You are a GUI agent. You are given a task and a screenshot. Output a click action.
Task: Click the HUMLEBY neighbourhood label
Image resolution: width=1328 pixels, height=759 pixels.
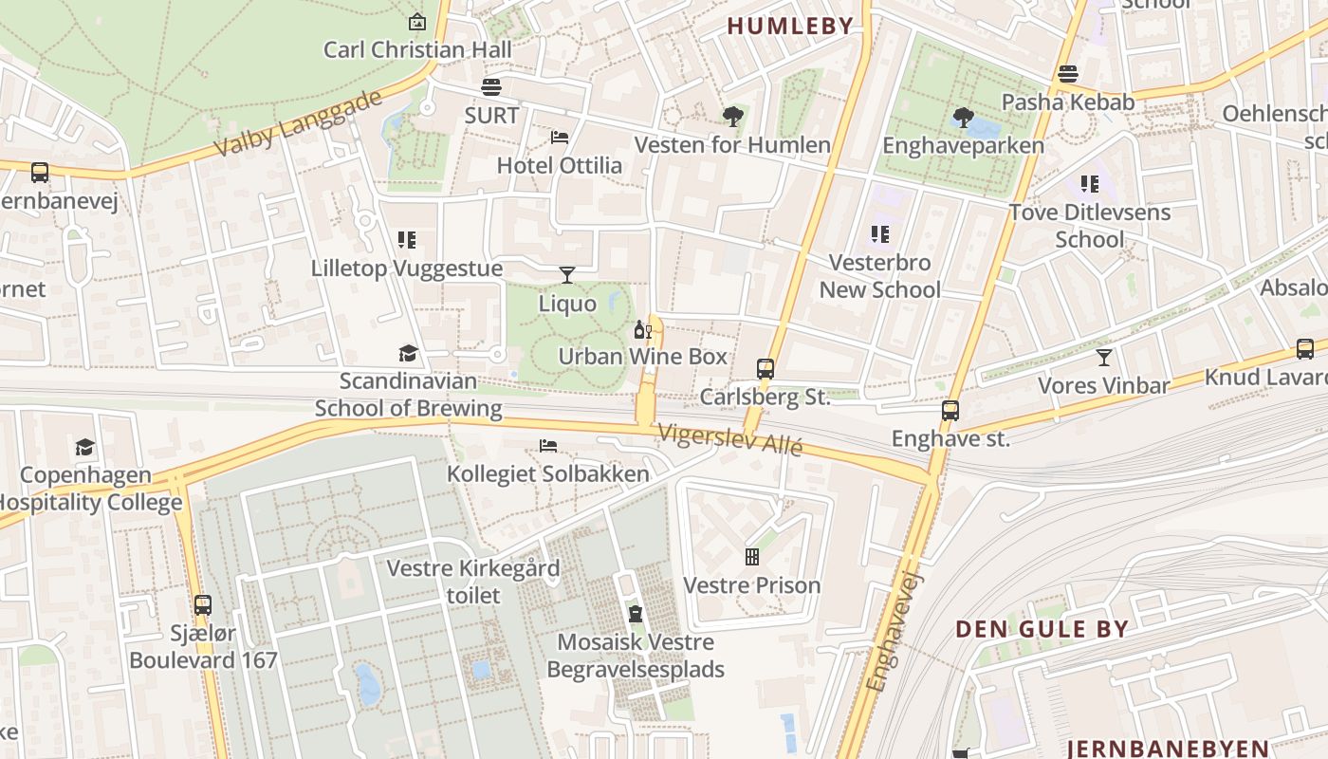click(x=790, y=27)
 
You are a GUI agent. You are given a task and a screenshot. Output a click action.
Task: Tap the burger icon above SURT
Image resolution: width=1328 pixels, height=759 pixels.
click(x=491, y=88)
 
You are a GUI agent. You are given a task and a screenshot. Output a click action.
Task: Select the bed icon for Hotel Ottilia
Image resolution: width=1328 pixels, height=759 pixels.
click(x=560, y=138)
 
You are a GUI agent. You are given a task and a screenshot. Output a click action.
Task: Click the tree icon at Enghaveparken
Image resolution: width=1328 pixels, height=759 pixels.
click(x=963, y=118)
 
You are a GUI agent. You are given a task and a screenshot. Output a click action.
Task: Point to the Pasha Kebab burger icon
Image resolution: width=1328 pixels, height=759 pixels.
click(x=1068, y=74)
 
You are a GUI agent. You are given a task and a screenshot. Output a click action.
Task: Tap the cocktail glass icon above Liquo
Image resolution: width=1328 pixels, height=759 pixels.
click(x=567, y=275)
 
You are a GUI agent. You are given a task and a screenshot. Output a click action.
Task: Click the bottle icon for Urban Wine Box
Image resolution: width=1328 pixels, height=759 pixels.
click(x=642, y=329)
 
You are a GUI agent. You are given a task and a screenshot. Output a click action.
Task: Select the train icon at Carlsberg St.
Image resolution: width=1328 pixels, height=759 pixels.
click(x=765, y=369)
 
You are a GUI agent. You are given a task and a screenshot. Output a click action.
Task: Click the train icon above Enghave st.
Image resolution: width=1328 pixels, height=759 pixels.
click(x=950, y=411)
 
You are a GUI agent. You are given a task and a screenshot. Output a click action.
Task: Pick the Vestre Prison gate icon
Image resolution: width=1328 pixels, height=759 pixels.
click(x=752, y=557)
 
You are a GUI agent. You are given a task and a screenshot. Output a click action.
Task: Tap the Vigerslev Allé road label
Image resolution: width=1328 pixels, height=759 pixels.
click(x=731, y=439)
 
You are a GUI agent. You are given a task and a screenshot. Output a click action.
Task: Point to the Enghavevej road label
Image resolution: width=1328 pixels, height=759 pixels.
click(x=895, y=631)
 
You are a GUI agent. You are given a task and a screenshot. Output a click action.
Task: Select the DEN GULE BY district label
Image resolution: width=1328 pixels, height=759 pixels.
click(x=1042, y=629)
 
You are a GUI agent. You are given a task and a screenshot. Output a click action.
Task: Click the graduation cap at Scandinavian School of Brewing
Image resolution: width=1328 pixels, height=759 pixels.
click(x=408, y=354)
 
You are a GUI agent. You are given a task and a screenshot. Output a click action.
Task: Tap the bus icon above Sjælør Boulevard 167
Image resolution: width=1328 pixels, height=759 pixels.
click(x=202, y=605)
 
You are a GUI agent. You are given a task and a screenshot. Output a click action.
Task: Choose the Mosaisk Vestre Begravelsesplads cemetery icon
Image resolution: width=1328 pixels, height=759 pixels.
click(x=636, y=614)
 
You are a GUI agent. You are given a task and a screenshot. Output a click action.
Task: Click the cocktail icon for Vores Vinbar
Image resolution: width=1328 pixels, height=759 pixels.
click(x=1103, y=358)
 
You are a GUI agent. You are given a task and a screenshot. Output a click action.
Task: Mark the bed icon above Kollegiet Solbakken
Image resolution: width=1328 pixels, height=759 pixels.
click(x=548, y=446)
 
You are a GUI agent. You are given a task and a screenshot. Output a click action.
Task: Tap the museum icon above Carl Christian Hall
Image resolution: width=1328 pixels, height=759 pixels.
click(x=416, y=21)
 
